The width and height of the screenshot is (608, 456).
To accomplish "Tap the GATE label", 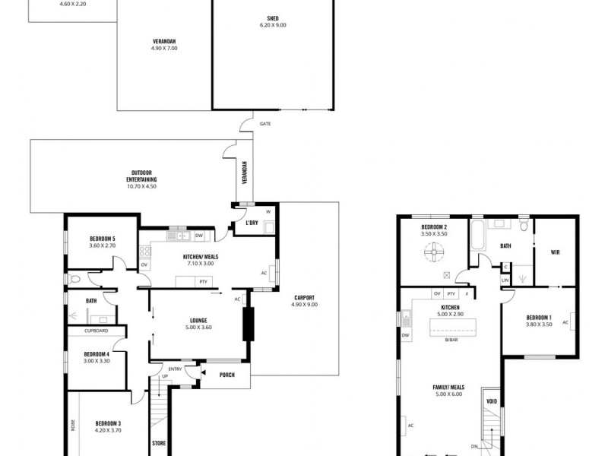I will [x=264, y=123].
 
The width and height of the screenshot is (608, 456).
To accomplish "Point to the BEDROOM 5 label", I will [x=101, y=240].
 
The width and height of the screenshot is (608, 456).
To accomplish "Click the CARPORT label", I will [x=303, y=297].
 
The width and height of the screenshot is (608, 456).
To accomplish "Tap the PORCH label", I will [x=226, y=373].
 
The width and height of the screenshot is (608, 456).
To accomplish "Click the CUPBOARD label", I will [x=97, y=331].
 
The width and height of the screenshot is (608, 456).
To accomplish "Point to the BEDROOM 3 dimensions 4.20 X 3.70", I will [x=108, y=430].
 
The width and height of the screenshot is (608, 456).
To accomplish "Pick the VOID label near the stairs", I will [x=491, y=401].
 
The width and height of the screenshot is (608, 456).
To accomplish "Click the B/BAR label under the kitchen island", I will [x=451, y=340].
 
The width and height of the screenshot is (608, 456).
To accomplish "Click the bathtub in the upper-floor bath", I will [x=477, y=237].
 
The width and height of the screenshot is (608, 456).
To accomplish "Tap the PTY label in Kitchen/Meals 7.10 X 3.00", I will [x=204, y=282].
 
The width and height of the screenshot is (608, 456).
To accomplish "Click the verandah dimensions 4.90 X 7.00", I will [x=163, y=49].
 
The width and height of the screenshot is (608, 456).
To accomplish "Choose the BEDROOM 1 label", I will [x=538, y=317].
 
